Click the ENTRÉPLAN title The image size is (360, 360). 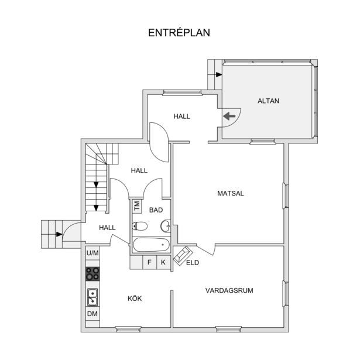(x=179, y=33)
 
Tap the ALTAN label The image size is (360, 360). (x=268, y=101)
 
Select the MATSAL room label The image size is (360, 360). (x=231, y=193)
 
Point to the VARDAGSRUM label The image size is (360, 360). (x=229, y=290)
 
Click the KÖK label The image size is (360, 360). (x=135, y=299)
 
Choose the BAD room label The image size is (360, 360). (x=156, y=210)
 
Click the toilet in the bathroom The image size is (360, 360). (x=139, y=226)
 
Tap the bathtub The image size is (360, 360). (x=152, y=245)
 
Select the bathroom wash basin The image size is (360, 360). (x=166, y=226)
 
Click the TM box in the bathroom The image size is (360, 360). (x=137, y=205)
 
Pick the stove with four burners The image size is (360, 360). (x=92, y=274)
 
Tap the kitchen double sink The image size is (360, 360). (x=92, y=297)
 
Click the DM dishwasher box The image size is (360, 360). (x=92, y=314)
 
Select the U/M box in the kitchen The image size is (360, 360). (x=92, y=253)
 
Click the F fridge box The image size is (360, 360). (x=149, y=262)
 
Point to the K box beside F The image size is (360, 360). (x=163, y=262)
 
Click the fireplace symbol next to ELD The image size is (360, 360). (x=183, y=256)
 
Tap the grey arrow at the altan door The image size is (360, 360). (x=229, y=116)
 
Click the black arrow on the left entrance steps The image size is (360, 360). (x=59, y=234)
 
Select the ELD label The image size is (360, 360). (x=193, y=263)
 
